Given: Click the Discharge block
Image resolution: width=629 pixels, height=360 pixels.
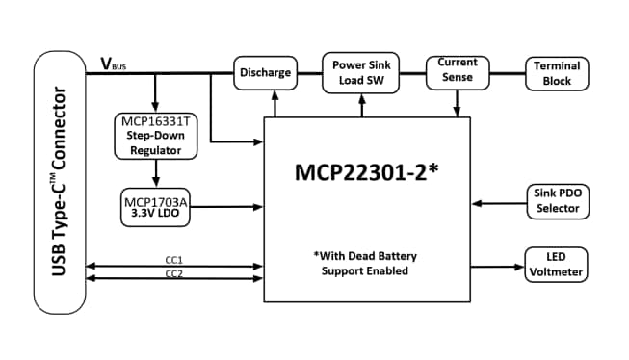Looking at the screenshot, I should pos(264,73).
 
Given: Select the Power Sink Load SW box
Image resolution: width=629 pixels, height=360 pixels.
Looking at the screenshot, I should pos(362,73).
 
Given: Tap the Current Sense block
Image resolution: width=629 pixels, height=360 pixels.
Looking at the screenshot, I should pos(457,71).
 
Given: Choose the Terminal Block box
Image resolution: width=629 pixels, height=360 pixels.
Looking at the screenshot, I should pos(555,73).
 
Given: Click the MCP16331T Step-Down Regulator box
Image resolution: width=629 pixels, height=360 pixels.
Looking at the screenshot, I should pos(154,136).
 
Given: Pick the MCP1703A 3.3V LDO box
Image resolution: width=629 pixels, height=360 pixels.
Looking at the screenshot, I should pos(154,206).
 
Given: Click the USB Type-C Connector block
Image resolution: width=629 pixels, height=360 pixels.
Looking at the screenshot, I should pos(59,182).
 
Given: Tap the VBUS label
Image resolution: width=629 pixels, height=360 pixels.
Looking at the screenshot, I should pos(113,64).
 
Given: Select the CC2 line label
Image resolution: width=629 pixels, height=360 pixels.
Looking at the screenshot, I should pos(174,273).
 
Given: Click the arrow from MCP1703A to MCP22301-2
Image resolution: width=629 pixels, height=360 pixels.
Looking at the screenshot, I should pos(227,206).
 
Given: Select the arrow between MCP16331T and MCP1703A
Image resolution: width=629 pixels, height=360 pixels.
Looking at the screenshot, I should pos(154,173).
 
